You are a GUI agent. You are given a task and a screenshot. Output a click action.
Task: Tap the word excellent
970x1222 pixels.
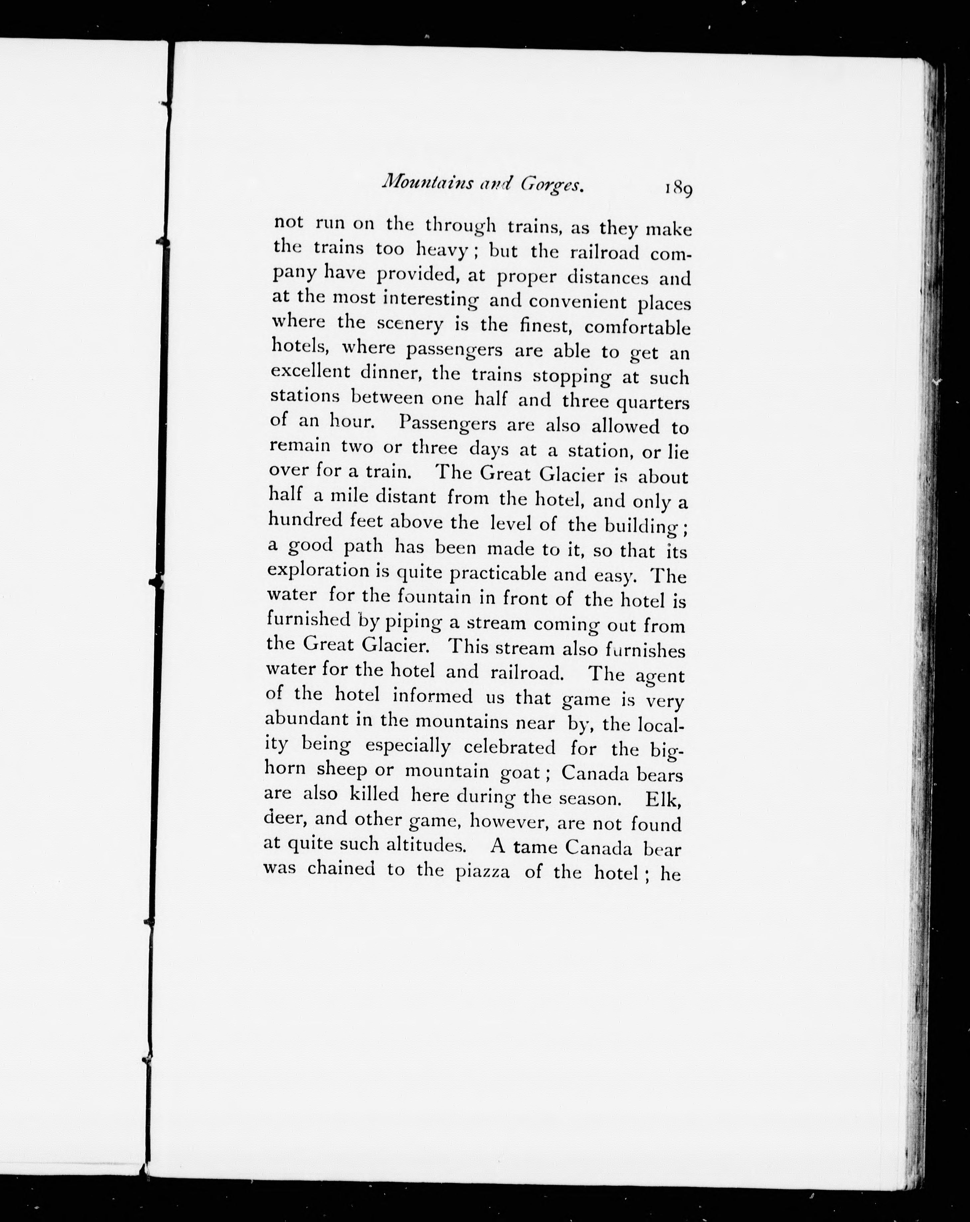(310, 372)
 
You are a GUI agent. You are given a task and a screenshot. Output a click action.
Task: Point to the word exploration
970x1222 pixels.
(318, 570)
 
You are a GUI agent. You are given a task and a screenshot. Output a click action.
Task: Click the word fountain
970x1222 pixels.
(434, 597)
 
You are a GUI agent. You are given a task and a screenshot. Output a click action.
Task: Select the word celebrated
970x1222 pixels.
(509, 747)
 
